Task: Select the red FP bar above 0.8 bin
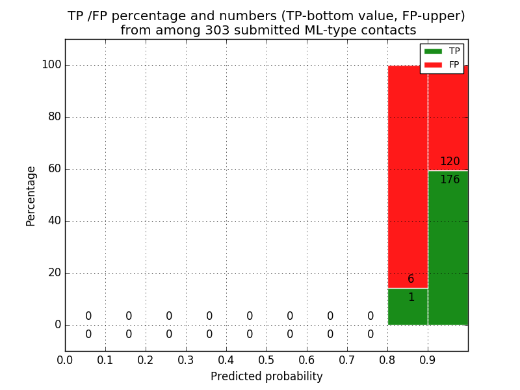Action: click(408, 175)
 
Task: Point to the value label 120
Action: click(450, 162)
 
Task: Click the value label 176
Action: click(450, 180)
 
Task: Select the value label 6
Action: click(411, 279)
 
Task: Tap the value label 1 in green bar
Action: click(411, 298)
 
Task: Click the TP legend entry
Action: click(454, 51)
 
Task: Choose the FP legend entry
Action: click(454, 64)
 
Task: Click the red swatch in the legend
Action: click(433, 64)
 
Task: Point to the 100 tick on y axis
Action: click(51, 65)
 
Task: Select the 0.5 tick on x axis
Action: click(266, 359)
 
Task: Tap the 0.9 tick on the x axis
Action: click(428, 359)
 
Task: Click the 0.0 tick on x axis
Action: click(65, 359)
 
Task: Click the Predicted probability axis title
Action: click(266, 376)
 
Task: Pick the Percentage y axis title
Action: click(31, 196)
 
